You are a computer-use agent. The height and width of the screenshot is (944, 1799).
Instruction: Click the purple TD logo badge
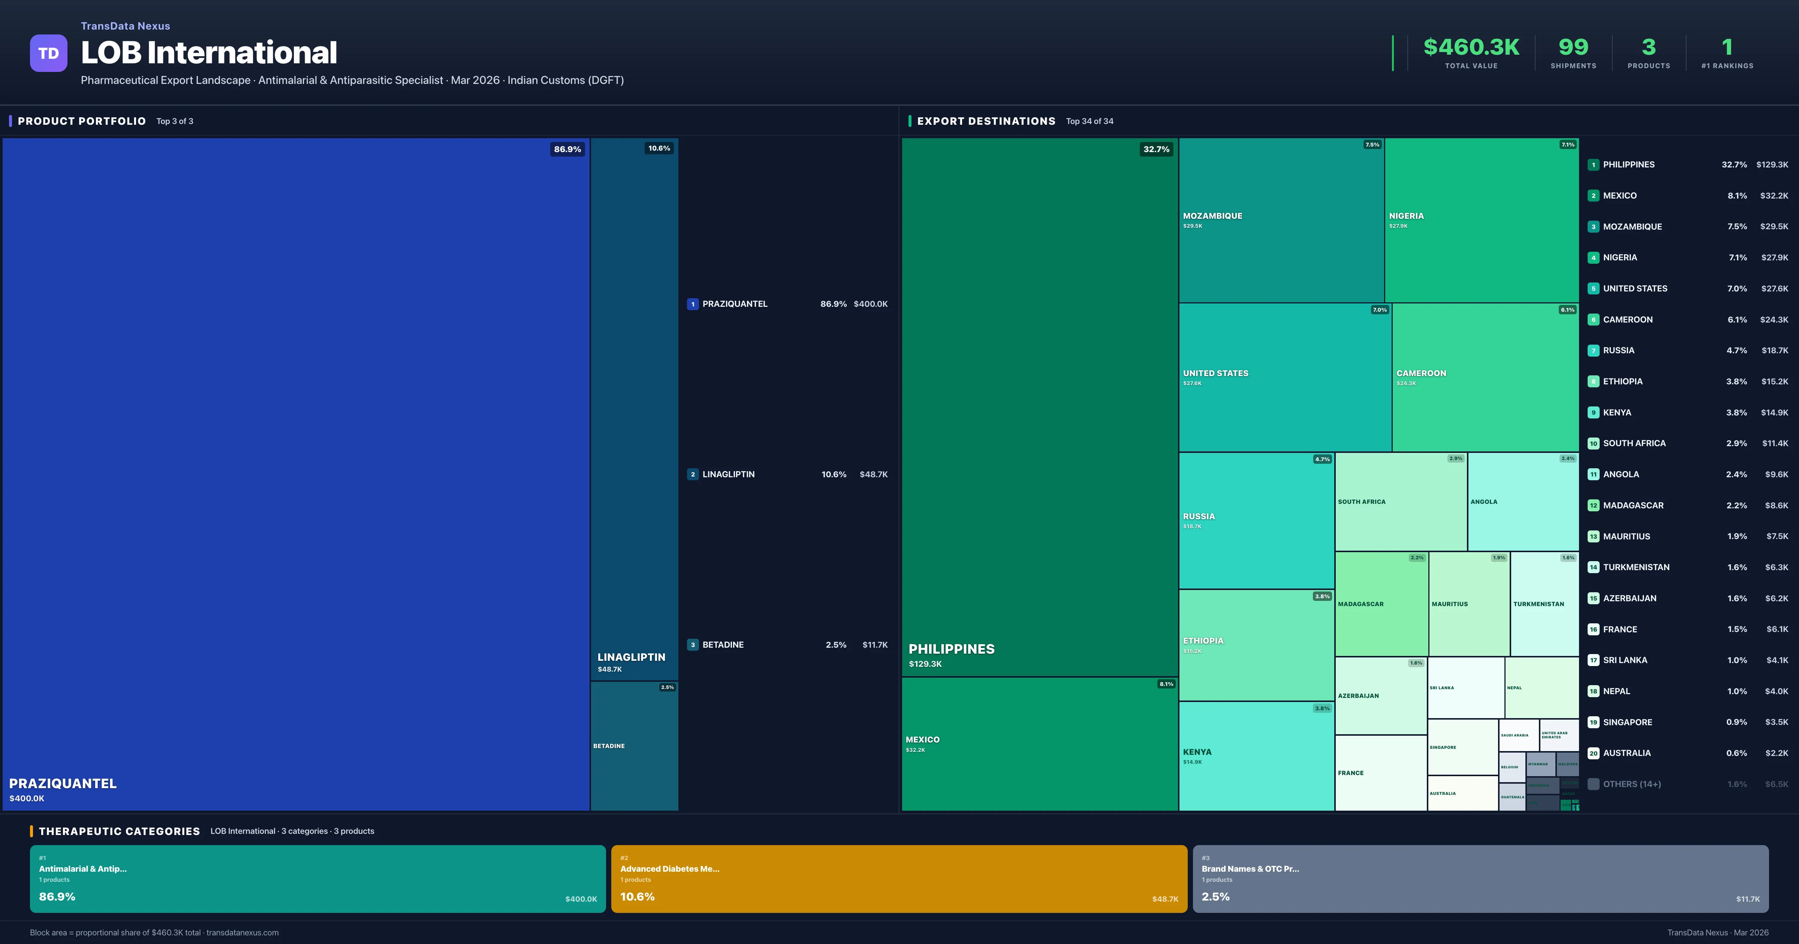(48, 53)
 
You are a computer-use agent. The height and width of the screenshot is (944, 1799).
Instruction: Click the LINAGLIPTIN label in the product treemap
(631, 657)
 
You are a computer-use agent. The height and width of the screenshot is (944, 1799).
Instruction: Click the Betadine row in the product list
(787, 644)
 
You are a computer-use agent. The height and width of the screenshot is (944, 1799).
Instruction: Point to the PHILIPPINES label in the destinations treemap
(951, 649)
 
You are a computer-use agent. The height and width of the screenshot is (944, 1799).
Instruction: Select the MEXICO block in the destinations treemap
(1039, 744)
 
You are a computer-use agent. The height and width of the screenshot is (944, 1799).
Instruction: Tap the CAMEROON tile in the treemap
(1485, 377)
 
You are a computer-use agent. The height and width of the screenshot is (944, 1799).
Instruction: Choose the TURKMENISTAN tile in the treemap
(1544, 604)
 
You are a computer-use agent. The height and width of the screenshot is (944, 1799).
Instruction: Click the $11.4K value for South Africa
(1775, 444)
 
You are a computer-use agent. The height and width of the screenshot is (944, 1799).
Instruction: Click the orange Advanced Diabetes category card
(899, 878)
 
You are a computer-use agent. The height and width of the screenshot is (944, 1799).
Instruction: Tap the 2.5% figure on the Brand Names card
(1215, 896)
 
